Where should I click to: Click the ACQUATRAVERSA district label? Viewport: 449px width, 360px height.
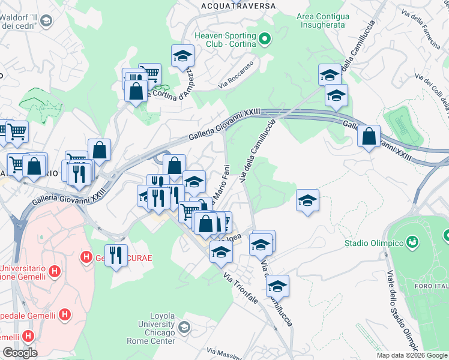pyautogui.click(x=238, y=5)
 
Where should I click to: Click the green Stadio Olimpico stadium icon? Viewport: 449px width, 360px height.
pyautogui.click(x=412, y=242)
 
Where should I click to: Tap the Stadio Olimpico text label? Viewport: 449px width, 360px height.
pyautogui.click(x=373, y=243)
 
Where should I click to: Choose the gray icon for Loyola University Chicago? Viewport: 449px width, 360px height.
pyautogui.click(x=184, y=328)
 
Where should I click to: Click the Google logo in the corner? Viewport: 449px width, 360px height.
pyautogui.click(x=20, y=352)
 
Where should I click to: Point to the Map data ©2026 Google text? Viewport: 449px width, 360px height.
pyautogui.click(x=412, y=355)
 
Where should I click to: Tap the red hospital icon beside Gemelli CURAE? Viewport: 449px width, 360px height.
pyautogui.click(x=86, y=257)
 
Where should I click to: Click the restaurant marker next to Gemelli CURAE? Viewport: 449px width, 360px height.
pyautogui.click(x=116, y=255)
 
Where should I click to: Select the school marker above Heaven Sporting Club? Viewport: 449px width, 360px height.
pyautogui.click(x=183, y=56)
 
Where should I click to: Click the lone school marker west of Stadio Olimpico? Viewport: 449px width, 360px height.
pyautogui.click(x=307, y=200)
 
